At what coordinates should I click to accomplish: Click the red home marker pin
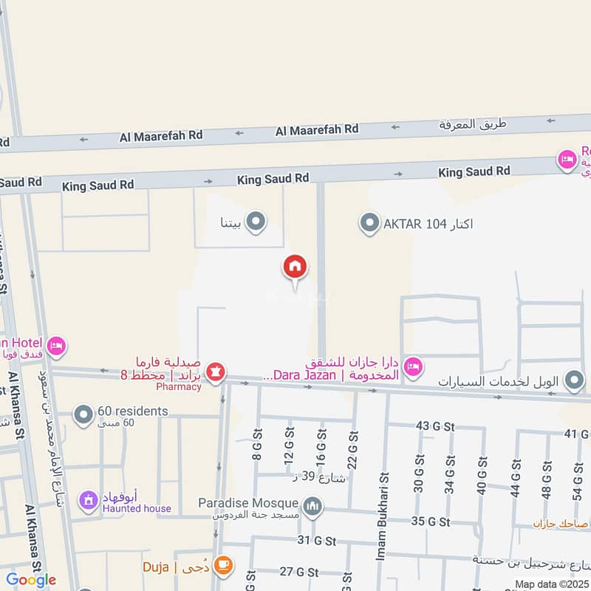pyautogui.click(x=295, y=267)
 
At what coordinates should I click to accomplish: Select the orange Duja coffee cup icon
pyautogui.click(x=221, y=567)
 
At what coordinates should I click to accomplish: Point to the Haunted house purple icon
pyautogui.click(x=89, y=500)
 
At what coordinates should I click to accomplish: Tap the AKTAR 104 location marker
pyautogui.click(x=369, y=221)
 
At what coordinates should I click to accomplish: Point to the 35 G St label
pyautogui.click(x=430, y=522)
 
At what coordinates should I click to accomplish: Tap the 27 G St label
pyautogui.click(x=298, y=572)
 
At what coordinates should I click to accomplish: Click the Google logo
pyautogui.click(x=31, y=580)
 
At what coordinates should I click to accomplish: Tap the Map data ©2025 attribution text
pyautogui.click(x=550, y=584)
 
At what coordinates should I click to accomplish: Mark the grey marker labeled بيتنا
pyautogui.click(x=256, y=221)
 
